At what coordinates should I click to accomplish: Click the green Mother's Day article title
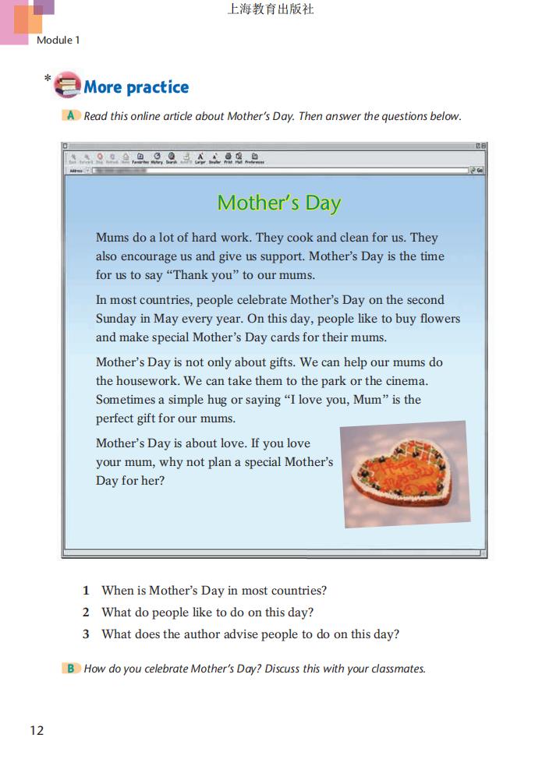[279, 203]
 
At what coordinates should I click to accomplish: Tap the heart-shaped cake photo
[405, 474]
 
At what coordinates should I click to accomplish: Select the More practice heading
[136, 87]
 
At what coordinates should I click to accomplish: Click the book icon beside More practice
[67, 85]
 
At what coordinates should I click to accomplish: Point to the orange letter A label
[71, 116]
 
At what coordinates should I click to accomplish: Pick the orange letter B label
[71, 668]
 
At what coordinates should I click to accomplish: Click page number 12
[37, 730]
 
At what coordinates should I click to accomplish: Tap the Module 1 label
[58, 40]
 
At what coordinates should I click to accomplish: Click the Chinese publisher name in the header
[271, 10]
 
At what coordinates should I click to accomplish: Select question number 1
[87, 591]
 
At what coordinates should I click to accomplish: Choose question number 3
[87, 634]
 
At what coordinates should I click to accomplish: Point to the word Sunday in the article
[115, 319]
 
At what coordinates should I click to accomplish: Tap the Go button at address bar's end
[478, 170]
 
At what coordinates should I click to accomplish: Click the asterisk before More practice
[48, 78]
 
